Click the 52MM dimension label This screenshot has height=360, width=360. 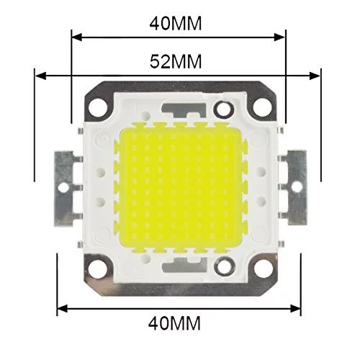click(176, 61)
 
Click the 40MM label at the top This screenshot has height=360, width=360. click(176, 24)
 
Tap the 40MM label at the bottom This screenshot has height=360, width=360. click(174, 323)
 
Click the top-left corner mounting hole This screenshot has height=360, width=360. click(98, 107)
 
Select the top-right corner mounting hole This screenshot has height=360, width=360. click(262, 107)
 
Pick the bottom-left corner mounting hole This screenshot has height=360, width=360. click(97, 268)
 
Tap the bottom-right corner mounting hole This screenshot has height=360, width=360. click(262, 267)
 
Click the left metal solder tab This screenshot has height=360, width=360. click(64, 189)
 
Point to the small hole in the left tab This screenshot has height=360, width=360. click(63, 187)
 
